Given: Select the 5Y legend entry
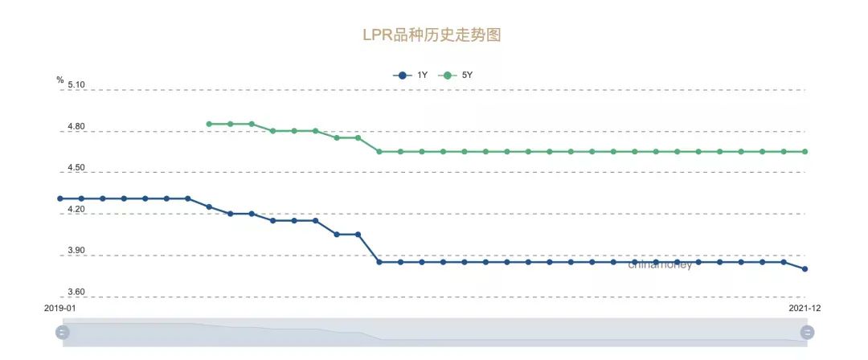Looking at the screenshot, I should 460,76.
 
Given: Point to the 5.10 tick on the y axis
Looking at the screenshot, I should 76,85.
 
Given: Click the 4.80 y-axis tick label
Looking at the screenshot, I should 76,127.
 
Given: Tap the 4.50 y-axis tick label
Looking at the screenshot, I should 76,168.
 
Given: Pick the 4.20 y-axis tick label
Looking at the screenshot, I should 76,210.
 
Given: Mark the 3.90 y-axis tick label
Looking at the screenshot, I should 76,252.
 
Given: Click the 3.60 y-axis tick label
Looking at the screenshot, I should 76,292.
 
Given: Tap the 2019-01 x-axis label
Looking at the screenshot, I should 59,308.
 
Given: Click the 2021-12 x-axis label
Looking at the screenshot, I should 805,308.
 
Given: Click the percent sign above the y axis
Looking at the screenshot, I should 59,80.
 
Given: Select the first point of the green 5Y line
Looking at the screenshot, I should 209,124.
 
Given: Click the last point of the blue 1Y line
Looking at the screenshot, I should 805,269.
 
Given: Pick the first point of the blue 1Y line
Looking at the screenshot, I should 60,198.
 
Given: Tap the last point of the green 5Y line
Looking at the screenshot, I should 805,151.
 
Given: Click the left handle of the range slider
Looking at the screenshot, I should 63,332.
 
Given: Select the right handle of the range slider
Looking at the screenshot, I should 807,332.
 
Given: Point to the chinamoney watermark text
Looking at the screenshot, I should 660,265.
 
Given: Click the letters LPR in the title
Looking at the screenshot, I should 376,35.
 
